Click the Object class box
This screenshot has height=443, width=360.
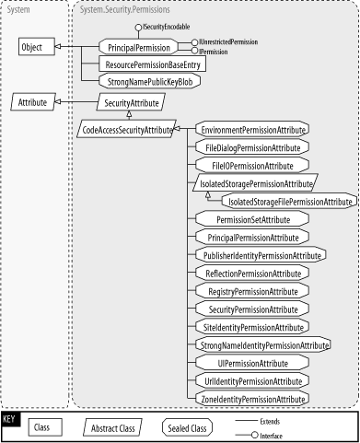pos(33,45)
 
